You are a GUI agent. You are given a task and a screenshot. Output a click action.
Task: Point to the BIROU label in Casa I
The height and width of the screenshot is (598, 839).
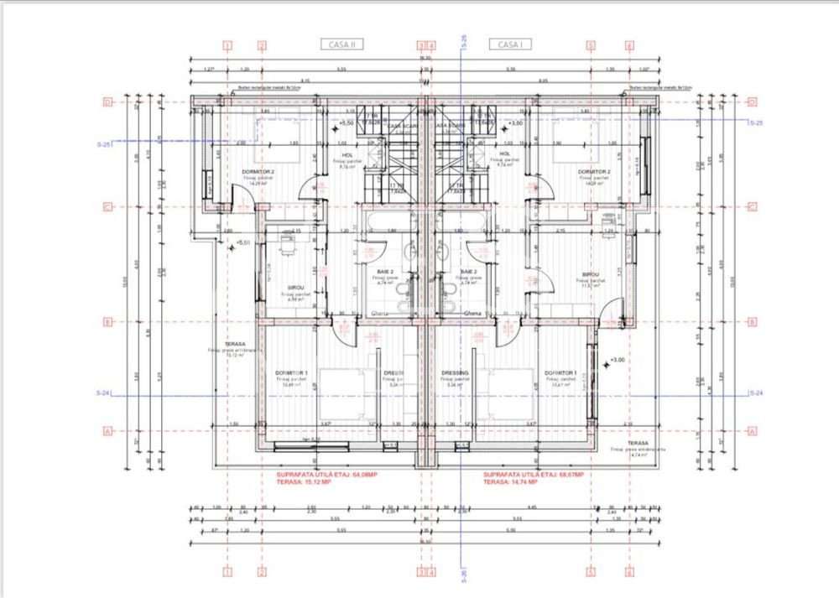[590, 274]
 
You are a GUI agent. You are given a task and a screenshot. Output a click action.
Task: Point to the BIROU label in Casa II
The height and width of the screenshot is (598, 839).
[295, 286]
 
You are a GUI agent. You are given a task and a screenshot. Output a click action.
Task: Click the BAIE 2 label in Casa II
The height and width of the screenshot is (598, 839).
[386, 273]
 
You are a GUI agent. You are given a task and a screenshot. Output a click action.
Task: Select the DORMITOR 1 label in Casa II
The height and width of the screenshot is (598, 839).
[292, 372]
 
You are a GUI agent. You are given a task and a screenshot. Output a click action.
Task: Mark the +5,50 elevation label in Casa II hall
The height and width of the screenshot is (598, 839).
[346, 123]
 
